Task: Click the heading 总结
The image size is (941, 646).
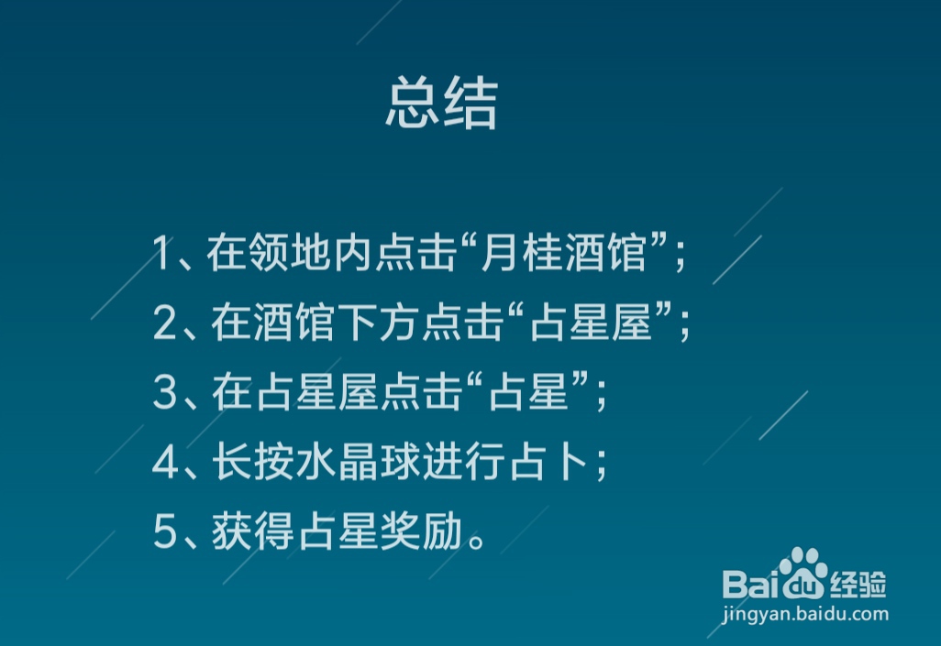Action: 442,104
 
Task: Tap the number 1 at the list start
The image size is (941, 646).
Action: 161,253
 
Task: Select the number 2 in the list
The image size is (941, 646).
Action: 164,323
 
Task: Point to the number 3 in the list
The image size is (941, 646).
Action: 164,392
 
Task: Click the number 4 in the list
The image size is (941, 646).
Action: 165,462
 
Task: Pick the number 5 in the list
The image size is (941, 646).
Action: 164,531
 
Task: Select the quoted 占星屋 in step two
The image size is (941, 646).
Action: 592,323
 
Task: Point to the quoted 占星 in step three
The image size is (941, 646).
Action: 528,392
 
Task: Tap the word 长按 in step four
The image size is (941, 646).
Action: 252,462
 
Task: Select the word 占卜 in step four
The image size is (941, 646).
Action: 548,462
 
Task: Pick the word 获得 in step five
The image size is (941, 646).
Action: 252,531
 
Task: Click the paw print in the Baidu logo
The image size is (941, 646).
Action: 803,573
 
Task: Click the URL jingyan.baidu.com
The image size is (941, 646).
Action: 805,614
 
